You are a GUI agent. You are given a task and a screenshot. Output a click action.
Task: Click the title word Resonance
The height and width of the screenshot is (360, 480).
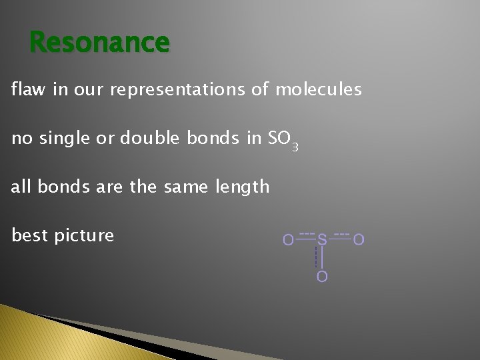(x=100, y=43)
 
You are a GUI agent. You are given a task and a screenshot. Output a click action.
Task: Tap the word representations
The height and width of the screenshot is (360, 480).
(x=176, y=89)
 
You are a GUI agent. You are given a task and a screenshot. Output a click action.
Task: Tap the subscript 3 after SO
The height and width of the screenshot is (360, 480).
(x=294, y=146)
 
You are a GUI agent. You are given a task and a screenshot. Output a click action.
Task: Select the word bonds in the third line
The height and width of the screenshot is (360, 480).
(x=60, y=187)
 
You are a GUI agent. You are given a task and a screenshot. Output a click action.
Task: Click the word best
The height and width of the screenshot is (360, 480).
(x=31, y=235)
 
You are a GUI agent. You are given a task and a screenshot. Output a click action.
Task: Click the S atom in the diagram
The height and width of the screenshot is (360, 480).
(x=322, y=239)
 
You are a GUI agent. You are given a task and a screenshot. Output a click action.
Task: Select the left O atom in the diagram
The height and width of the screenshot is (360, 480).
(x=287, y=239)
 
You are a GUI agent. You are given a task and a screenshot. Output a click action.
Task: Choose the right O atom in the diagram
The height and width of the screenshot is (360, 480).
(x=359, y=239)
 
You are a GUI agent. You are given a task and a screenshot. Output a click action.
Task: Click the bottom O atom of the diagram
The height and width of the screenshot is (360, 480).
(x=322, y=276)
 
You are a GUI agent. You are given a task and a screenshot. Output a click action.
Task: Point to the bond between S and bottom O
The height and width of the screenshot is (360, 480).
(x=322, y=257)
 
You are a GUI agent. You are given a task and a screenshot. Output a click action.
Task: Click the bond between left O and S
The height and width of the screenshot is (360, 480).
(x=305, y=238)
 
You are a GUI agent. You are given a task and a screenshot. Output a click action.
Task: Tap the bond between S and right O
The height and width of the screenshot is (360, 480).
(x=340, y=238)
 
